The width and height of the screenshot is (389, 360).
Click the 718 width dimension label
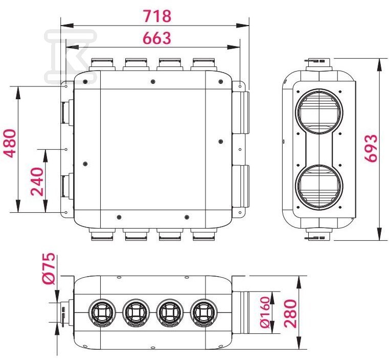pos(157,16)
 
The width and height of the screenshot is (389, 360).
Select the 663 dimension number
pos(157,38)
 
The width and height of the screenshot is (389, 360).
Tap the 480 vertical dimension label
pos(11,143)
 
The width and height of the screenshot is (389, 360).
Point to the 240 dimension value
pos(37,182)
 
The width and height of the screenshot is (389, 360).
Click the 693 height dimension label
pos(371,149)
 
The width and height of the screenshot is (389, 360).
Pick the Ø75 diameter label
pos(49,268)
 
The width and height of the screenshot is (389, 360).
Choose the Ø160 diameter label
pos(264,312)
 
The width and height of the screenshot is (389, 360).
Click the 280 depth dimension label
pos(290,313)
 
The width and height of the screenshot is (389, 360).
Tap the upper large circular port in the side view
pos(319,111)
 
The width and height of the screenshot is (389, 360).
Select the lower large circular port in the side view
pos(319,188)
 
